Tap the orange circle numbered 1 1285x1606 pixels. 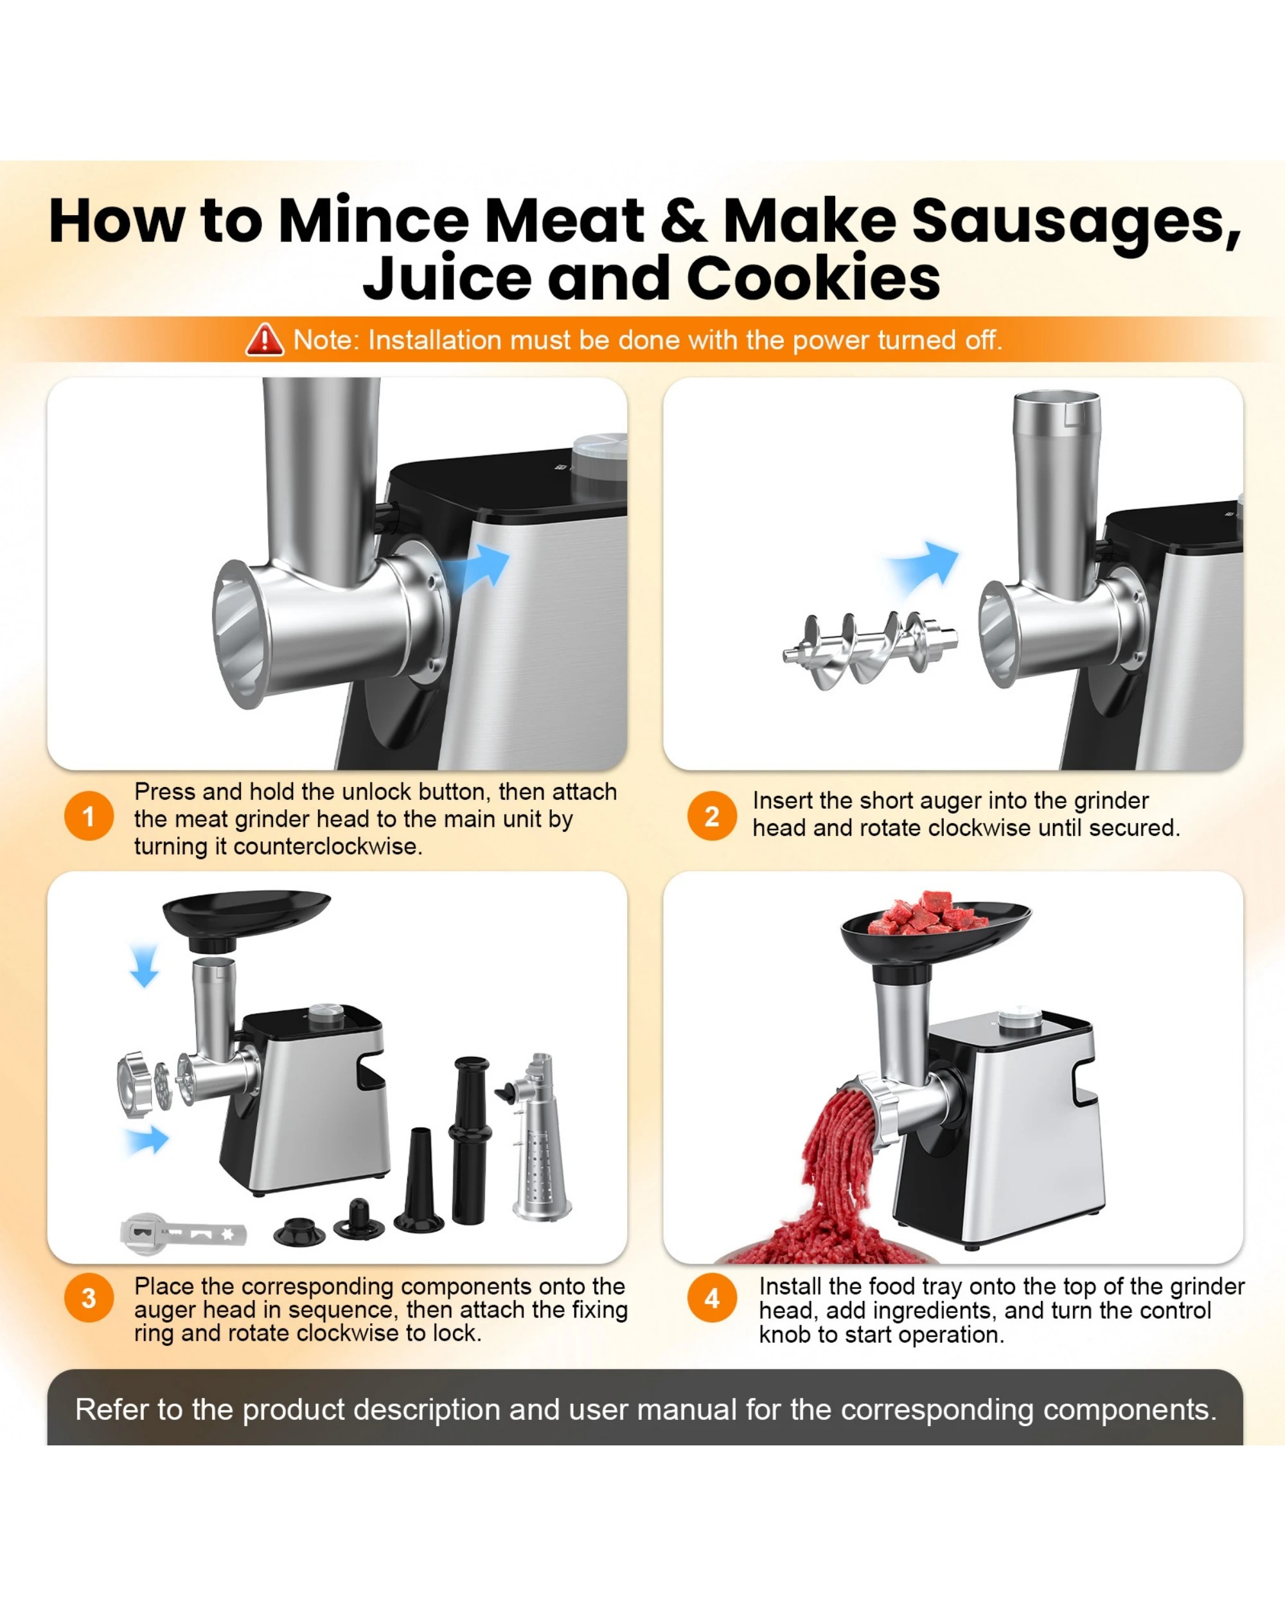tap(89, 816)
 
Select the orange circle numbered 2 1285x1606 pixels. tap(711, 816)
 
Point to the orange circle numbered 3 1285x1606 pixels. tap(89, 1298)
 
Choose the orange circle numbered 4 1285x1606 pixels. tap(711, 1298)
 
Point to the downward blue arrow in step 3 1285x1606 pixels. tap(144, 966)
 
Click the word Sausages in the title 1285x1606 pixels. tap(1076, 220)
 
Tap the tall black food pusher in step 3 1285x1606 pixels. tap(470, 1140)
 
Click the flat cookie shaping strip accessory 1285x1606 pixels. tap(183, 1233)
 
